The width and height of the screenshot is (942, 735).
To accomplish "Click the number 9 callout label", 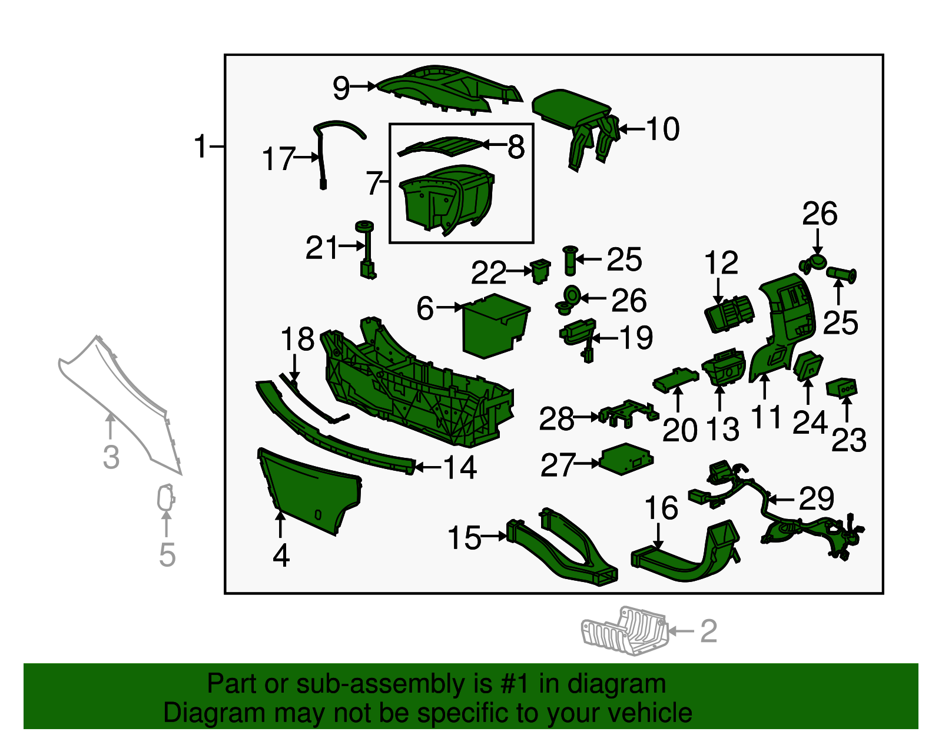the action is coord(341,88).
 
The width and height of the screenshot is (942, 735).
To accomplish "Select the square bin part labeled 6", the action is coord(496,325).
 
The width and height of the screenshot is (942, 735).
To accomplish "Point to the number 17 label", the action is coord(278,158).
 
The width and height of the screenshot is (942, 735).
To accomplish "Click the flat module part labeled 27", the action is coord(626,459).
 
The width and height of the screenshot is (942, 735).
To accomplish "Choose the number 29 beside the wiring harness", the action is coord(816,498).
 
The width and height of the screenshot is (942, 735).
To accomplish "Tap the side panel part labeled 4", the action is coord(309,490).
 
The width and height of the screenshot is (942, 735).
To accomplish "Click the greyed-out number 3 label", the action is coord(111,457).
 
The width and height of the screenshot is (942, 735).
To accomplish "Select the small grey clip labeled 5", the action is coord(165,497).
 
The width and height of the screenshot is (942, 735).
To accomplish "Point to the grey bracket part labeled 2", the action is coord(624,631).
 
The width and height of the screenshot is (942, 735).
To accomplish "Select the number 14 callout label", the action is coord(460,468).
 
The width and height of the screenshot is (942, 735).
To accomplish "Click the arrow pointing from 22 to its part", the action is coord(519,271).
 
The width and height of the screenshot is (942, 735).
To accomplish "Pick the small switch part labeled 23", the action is coord(841,388).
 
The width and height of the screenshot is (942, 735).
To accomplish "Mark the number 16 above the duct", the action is coord(661,508).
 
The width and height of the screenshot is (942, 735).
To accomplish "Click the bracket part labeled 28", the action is coord(628,414).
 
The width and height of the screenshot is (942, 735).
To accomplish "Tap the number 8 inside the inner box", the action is coord(516,147).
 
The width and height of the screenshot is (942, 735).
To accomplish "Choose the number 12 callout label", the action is coord(721,262).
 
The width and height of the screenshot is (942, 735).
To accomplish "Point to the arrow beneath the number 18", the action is coord(294,370).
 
